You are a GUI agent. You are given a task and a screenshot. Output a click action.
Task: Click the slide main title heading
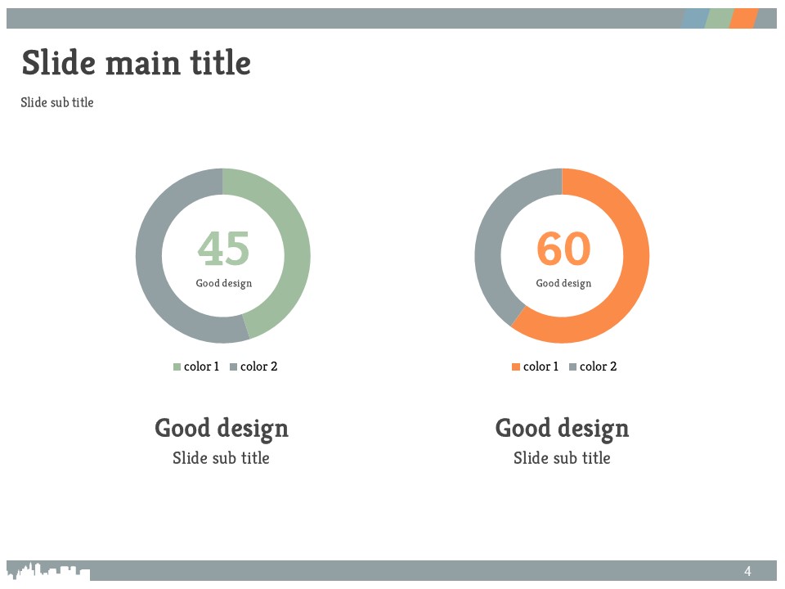click(x=137, y=63)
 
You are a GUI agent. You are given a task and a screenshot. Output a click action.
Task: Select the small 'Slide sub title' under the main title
click(x=57, y=102)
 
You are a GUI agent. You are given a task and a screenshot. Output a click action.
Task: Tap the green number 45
click(x=223, y=249)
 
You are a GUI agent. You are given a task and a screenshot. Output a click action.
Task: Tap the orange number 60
click(x=563, y=249)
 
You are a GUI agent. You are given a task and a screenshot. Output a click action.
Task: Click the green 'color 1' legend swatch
click(x=177, y=367)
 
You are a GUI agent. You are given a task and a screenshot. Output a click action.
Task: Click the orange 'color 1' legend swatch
click(x=516, y=367)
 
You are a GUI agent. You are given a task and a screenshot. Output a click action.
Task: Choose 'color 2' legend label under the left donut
click(x=259, y=366)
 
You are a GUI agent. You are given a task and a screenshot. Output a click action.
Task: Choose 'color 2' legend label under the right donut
click(x=599, y=366)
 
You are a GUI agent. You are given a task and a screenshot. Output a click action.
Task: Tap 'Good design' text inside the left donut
click(x=224, y=284)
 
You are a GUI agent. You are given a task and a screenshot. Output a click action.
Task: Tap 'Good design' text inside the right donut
click(x=563, y=284)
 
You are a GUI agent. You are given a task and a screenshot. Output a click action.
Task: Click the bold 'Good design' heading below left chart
click(x=222, y=429)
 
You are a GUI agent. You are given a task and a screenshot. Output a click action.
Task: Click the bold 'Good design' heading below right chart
click(x=563, y=429)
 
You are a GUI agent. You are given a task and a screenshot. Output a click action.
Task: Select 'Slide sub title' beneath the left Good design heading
click(x=222, y=458)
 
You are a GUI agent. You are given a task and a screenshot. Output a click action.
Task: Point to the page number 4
click(x=747, y=571)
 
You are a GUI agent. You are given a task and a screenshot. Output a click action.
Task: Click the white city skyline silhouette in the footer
click(x=48, y=571)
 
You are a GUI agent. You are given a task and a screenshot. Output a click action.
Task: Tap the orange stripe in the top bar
click(x=744, y=18)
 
